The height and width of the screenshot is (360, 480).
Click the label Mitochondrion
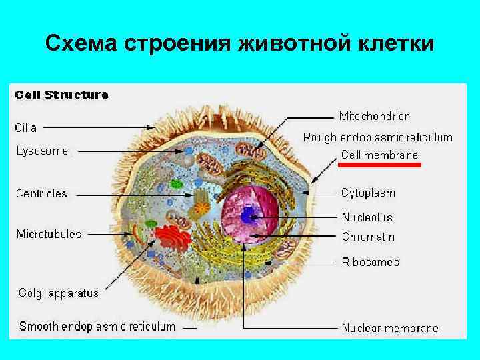point(375,116)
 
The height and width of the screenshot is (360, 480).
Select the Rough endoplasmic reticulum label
point(378,138)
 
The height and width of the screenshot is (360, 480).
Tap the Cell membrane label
point(379,155)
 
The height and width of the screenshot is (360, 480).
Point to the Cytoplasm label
point(368,193)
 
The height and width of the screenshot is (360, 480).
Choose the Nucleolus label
point(367,217)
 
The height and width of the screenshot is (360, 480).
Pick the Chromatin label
point(368,237)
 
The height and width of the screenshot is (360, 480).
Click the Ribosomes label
point(371,262)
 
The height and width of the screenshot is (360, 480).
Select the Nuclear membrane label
point(390,327)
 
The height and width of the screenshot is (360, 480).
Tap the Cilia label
point(27,127)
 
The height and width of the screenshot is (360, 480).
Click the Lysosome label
point(42,151)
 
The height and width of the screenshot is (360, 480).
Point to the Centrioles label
point(42,194)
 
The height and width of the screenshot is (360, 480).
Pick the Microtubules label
point(49,234)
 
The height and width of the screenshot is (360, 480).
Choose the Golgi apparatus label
point(57,293)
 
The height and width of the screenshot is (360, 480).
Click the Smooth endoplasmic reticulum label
point(97,327)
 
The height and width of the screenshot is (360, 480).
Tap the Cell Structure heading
point(61,95)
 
